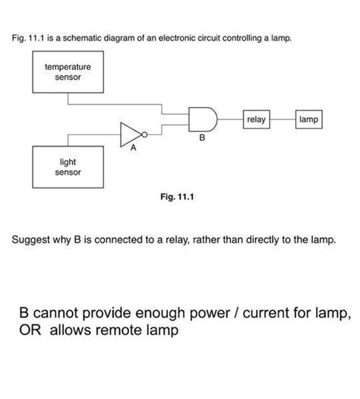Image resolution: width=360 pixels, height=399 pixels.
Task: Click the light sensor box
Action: point(68,166)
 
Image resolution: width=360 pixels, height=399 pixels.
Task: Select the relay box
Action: point(256,119)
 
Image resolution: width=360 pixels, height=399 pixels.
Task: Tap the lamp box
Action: point(309,119)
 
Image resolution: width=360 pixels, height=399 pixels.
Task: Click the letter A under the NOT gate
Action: point(133,149)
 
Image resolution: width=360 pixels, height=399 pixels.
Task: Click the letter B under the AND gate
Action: point(201,138)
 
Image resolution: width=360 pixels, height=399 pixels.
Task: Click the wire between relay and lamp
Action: point(283,119)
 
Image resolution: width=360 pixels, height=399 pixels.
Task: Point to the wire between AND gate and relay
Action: point(230,119)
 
